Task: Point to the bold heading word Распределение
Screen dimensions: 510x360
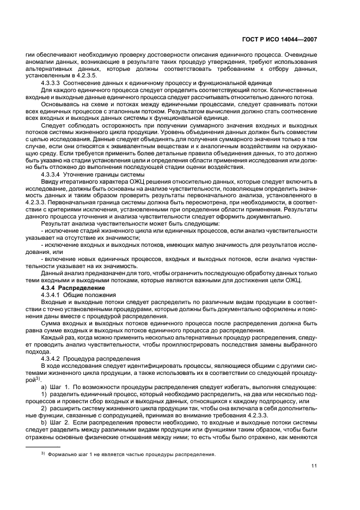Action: coord(77,287)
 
